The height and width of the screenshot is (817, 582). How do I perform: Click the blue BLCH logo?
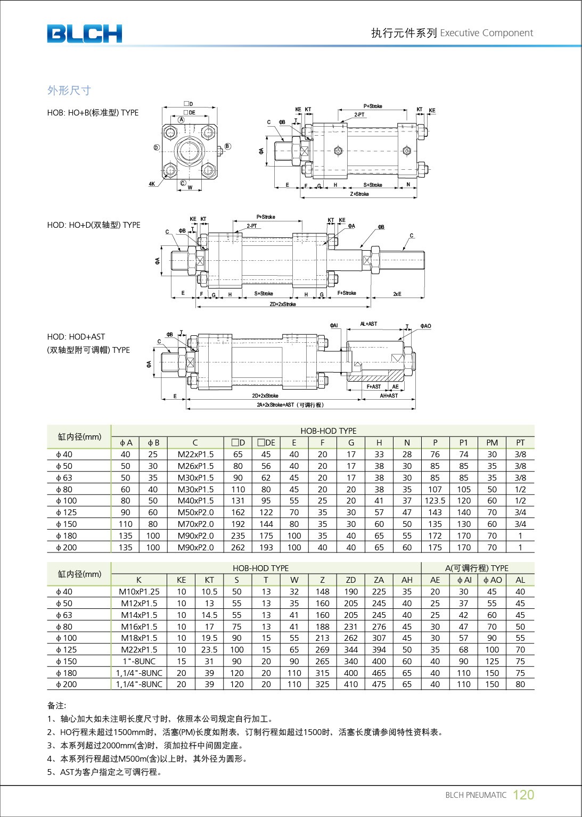coord(84,34)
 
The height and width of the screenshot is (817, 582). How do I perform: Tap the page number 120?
coord(523,795)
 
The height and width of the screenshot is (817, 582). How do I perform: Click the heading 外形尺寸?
coord(69,90)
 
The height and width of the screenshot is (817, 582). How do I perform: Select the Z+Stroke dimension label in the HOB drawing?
coord(359,194)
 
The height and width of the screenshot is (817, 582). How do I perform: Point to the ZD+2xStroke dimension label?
coord(283,304)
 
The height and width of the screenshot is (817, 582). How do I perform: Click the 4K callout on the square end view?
coord(152,184)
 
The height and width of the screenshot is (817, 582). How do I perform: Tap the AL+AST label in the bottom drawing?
coord(368,324)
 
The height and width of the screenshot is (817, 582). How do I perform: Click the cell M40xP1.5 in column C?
coord(195,501)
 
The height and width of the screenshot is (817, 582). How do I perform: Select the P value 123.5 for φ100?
coord(435,501)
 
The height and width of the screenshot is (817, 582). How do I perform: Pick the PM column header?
coord(492,443)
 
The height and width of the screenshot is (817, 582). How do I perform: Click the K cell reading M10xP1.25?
coord(139,592)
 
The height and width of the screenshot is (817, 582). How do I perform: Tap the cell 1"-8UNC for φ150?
coord(139,662)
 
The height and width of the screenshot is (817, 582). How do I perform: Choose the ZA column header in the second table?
coord(379,580)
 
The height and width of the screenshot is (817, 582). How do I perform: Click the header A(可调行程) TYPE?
coord(477,568)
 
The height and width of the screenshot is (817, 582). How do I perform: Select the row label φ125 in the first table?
coord(67,513)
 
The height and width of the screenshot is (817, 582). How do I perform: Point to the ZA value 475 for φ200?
coord(379,684)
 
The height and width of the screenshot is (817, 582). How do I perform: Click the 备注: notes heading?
coord(56,706)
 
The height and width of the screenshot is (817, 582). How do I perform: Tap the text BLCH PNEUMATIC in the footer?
coord(476,795)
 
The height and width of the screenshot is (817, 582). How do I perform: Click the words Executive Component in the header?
coord(486,33)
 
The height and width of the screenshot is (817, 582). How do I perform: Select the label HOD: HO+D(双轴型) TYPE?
coord(94,225)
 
